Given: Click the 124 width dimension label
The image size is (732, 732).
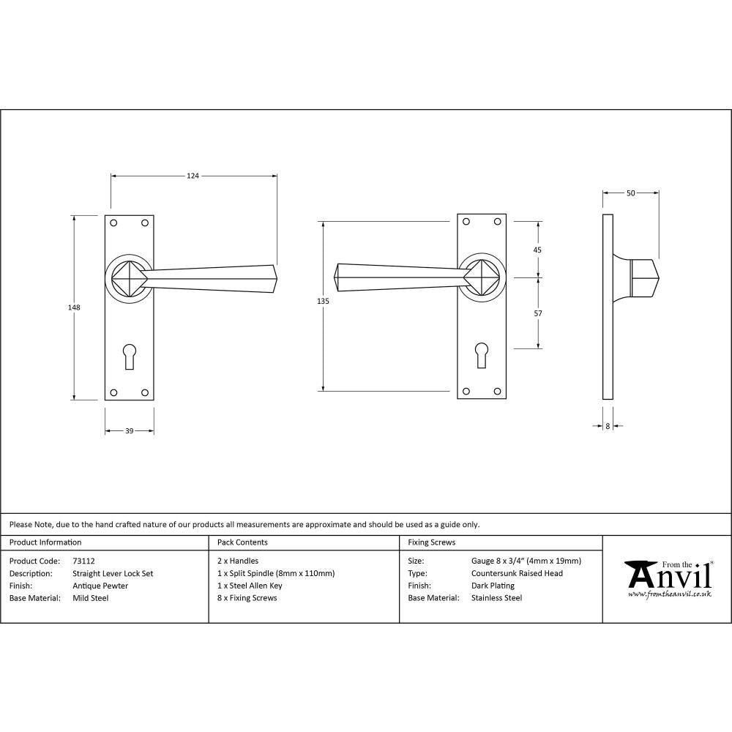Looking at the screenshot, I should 193,176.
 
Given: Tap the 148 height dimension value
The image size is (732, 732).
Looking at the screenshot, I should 73,307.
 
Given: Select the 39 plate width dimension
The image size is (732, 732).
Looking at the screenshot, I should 129,431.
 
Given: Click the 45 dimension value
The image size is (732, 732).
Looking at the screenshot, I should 538,250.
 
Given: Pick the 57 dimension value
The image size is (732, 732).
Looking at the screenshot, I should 538,313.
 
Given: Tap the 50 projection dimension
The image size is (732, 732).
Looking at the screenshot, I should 630,193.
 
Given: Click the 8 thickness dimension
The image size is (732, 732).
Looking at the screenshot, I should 608,425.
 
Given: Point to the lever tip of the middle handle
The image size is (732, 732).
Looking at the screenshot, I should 337,277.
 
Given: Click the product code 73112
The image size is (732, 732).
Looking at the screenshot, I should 84,561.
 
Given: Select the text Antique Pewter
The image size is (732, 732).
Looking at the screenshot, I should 100,586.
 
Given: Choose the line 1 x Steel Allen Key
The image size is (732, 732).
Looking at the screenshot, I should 250,586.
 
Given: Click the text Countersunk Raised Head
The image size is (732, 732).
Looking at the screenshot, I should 517,573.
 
